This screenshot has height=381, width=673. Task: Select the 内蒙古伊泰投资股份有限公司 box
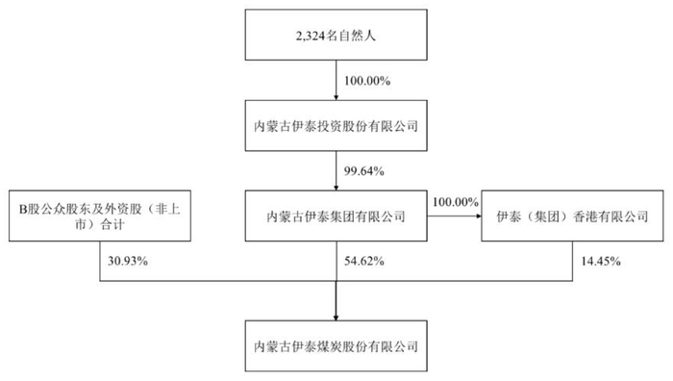pyautogui.click(x=335, y=125)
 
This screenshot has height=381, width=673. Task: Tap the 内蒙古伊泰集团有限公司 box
pyautogui.click(x=335, y=215)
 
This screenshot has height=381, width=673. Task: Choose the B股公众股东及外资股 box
pyautogui.click(x=100, y=215)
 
